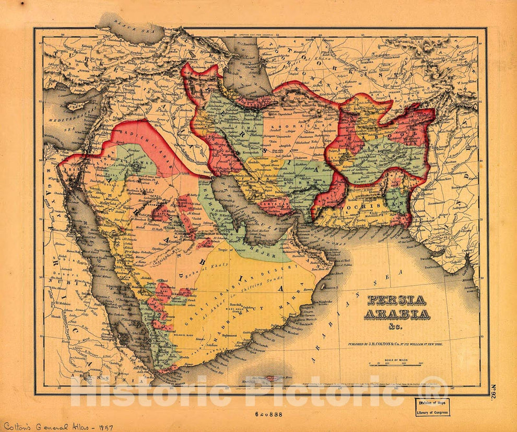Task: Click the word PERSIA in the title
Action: click(x=396, y=300)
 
